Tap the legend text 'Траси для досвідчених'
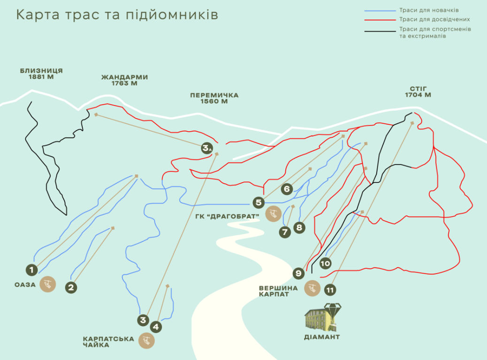tap(434, 20)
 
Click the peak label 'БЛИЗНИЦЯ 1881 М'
tap(41, 74)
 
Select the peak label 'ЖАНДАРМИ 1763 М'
tap(124, 80)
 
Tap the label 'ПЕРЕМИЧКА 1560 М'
tap(214, 98)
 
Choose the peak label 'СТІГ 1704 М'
tap(418, 91)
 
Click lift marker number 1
tap(31, 270)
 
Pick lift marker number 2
tap(71, 287)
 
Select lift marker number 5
tap(259, 202)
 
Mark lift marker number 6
tap(287, 189)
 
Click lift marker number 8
tap(299, 228)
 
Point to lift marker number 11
tap(330, 290)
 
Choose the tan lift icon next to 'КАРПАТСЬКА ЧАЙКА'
tap(146, 341)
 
